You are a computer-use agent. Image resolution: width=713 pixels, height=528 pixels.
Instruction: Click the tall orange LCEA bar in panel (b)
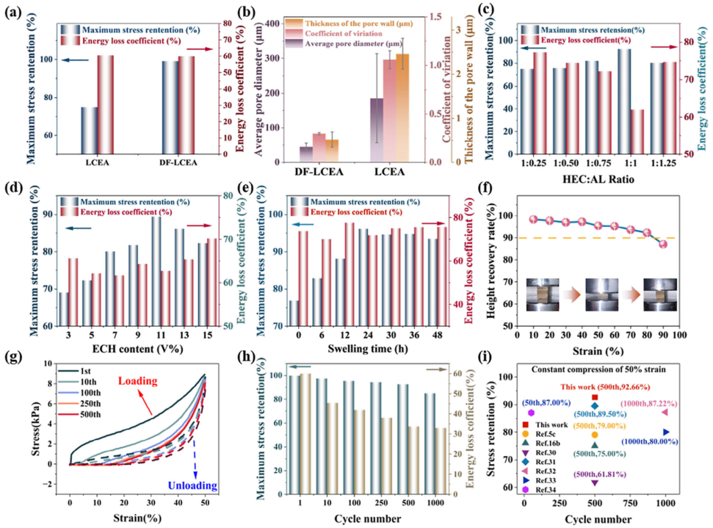click(402, 107)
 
